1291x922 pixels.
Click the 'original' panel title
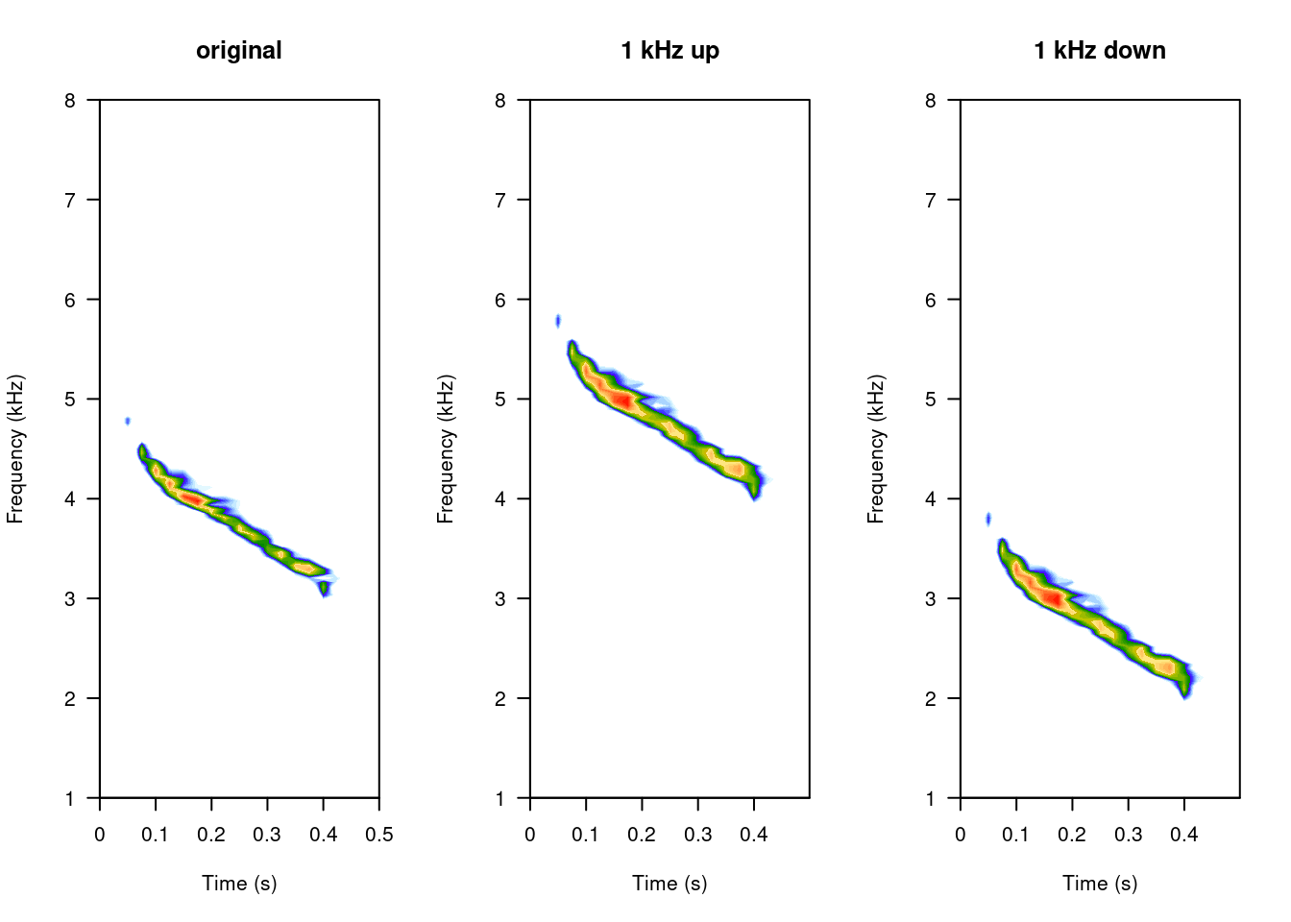click(239, 51)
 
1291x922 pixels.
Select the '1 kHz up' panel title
click(670, 51)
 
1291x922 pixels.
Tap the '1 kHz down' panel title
click(1100, 51)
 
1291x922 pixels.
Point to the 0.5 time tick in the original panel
click(379, 834)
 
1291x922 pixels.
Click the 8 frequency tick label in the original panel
click(70, 100)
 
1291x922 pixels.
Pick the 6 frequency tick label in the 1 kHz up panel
click(500, 300)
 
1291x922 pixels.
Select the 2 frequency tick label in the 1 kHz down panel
click(931, 698)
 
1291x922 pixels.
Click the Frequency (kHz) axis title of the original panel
click(15, 449)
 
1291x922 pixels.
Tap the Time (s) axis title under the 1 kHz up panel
click(670, 884)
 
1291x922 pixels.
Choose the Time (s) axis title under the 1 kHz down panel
click(1100, 884)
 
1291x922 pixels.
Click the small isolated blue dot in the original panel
click(128, 421)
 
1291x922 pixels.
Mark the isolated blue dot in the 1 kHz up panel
click(558, 321)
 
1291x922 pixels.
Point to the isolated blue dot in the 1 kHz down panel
click(988, 520)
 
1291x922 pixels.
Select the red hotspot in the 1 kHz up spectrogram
click(622, 400)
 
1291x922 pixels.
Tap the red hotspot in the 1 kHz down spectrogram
click(1053, 598)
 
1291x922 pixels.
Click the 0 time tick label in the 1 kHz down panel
click(961, 834)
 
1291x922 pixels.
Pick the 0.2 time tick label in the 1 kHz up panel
click(642, 834)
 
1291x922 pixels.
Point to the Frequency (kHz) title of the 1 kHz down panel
click(876, 449)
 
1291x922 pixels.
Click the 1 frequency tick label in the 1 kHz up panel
click(500, 798)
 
